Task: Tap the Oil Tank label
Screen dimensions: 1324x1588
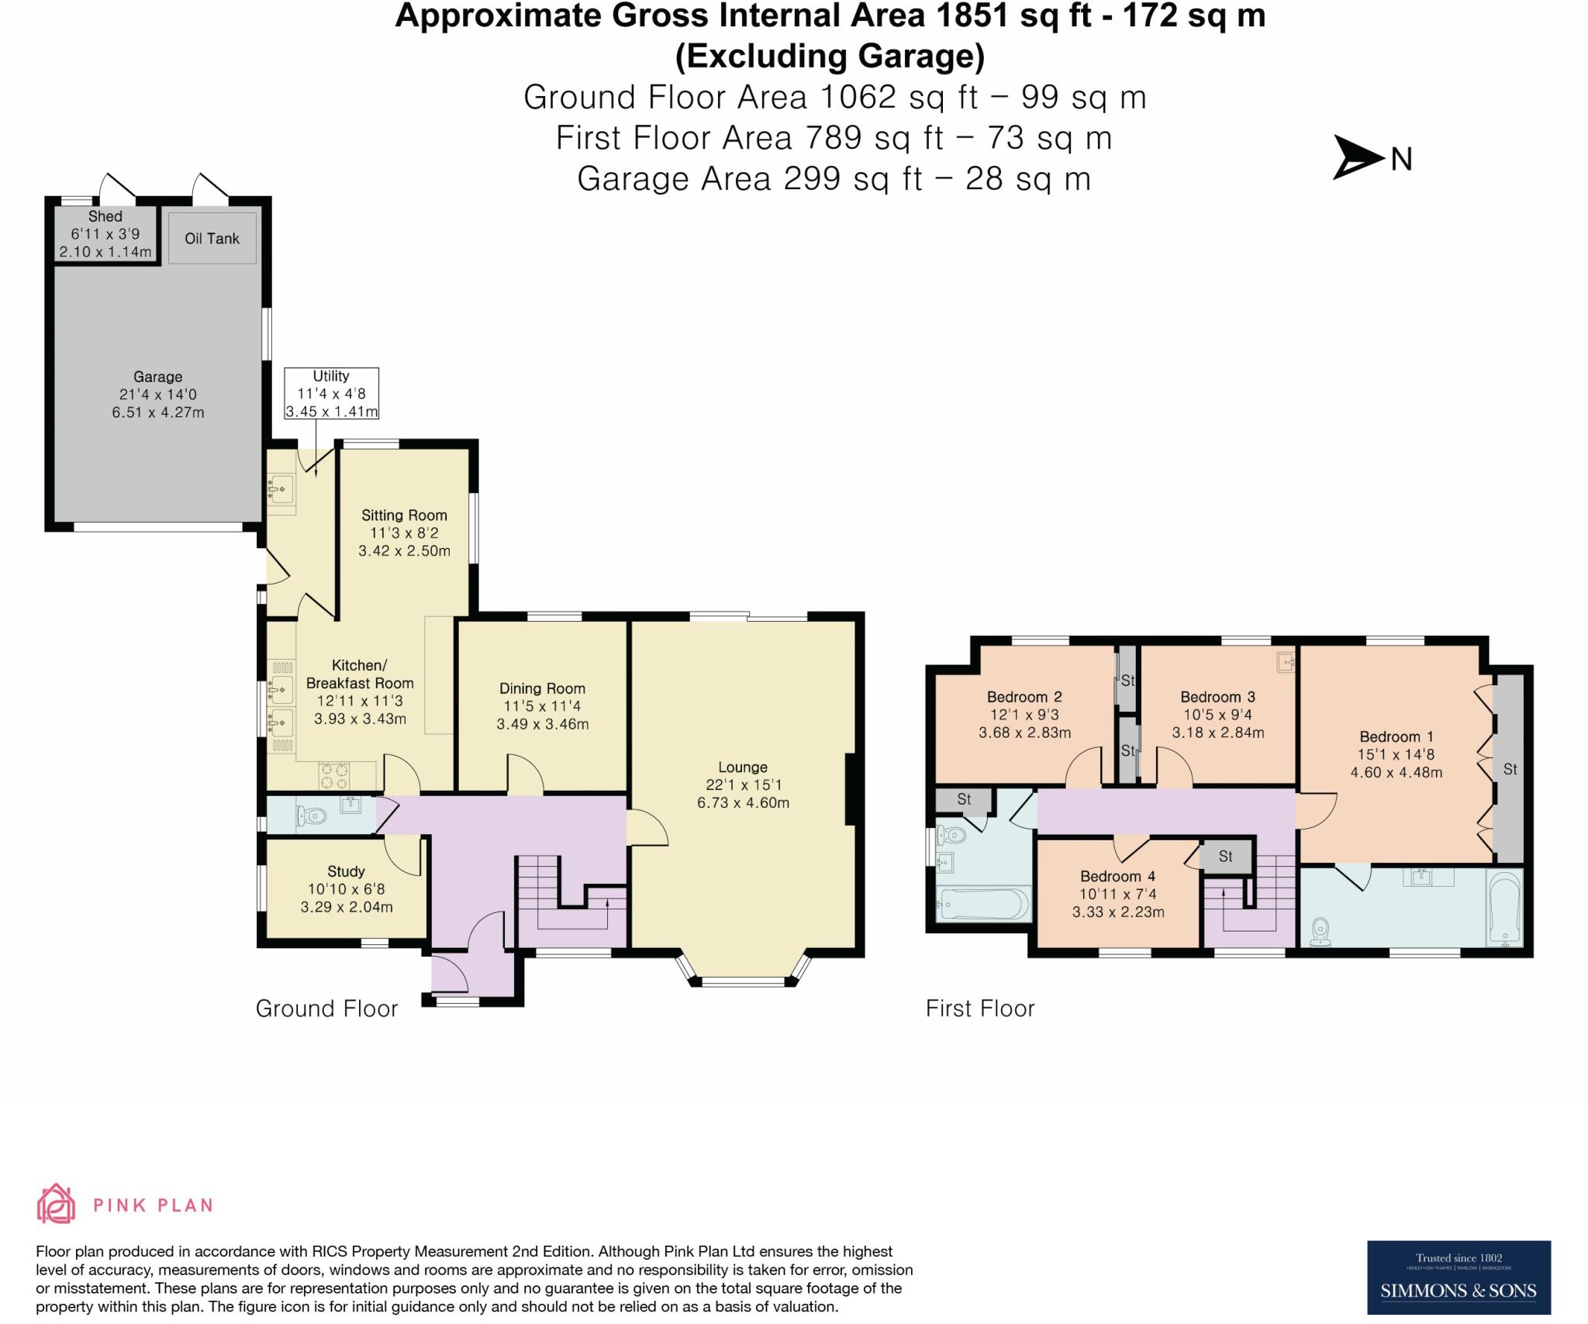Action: coord(212,238)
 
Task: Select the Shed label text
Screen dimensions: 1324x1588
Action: coord(105,216)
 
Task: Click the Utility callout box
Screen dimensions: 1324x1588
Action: coord(331,394)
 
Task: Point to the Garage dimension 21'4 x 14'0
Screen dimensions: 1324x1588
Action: coord(157,395)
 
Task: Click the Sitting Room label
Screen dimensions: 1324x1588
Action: coord(404,515)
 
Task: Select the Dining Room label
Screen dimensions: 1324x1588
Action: coord(542,688)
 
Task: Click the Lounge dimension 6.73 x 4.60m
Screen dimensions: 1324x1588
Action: coord(743,803)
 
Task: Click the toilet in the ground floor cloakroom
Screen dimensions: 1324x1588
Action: coord(312,815)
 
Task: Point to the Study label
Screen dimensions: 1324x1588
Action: coord(346,871)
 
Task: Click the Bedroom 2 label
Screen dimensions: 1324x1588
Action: coord(1024,697)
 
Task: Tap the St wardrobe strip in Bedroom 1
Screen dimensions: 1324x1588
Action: coord(1510,769)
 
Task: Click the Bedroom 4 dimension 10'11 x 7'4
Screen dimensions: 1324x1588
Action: coord(1118,895)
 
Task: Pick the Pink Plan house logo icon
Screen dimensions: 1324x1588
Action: coord(56,1204)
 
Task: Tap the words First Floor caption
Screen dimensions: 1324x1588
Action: coord(980,1009)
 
